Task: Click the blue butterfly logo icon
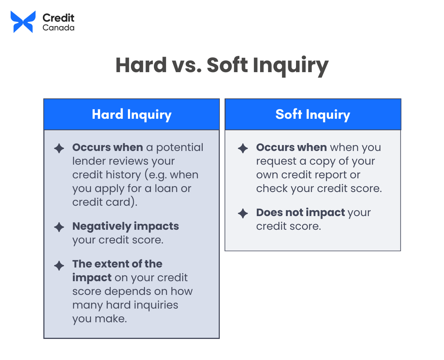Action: point(23,22)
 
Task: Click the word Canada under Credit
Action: point(58,28)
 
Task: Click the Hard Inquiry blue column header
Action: point(131,114)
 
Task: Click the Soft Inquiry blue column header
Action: point(313,114)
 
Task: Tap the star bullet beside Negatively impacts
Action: point(59,227)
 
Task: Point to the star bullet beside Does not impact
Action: point(243,213)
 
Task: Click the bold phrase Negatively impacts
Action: point(125,226)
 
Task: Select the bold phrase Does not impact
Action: point(300,213)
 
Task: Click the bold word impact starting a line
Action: point(92,278)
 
